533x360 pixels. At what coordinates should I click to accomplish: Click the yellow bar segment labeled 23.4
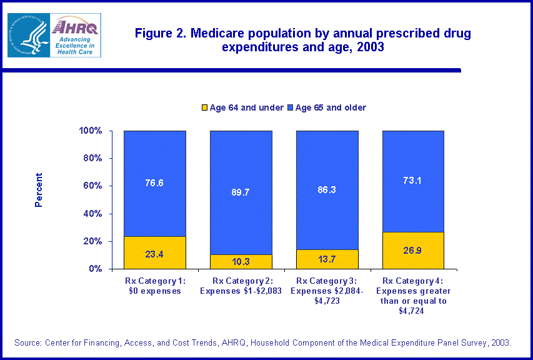(x=155, y=252)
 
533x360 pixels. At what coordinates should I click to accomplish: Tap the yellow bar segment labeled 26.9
(x=413, y=250)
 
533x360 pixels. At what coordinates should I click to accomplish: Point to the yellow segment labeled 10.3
(x=241, y=262)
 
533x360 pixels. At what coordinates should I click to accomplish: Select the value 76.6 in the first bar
(x=155, y=183)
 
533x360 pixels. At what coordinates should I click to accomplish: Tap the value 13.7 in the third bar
(x=327, y=259)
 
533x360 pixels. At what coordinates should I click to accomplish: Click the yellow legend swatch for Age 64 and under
(x=204, y=108)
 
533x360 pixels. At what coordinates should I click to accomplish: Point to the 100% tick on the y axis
(x=90, y=131)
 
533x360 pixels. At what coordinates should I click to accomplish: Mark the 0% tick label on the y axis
(x=95, y=269)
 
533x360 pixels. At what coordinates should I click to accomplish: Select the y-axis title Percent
(x=39, y=190)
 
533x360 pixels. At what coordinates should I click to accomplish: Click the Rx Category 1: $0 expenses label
(x=154, y=286)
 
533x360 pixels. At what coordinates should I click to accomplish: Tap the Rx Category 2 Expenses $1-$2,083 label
(x=241, y=286)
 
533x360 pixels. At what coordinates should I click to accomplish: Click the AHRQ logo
(x=76, y=35)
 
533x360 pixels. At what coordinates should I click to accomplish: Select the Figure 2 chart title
(x=303, y=40)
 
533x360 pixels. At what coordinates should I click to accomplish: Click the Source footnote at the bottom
(x=263, y=342)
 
